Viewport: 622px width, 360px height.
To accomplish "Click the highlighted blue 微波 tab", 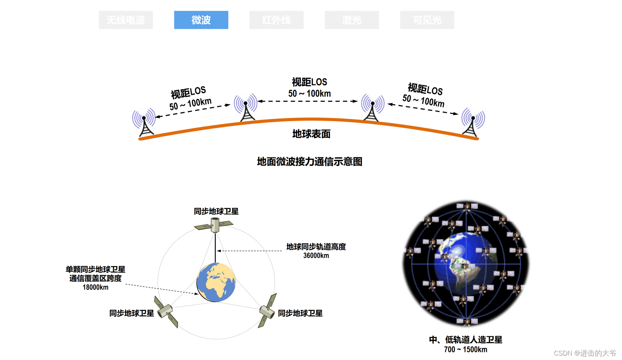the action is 201,20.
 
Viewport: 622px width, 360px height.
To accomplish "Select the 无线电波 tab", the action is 126,20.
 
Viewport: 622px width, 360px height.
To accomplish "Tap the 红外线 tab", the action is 276,20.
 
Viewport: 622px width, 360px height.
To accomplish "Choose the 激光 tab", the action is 352,20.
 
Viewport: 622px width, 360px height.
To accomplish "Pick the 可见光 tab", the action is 427,20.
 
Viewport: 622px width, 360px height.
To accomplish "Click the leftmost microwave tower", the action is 144,123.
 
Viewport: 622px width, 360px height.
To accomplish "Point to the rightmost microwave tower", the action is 473,123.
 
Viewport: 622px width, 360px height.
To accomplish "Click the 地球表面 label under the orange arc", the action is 311,134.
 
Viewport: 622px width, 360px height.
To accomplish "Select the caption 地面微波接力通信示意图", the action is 309,162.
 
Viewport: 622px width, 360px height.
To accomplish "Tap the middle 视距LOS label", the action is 309,82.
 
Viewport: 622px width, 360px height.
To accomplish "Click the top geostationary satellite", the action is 214,225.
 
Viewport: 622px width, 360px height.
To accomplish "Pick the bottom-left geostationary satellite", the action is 166,312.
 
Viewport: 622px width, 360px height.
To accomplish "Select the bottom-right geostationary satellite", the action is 267,311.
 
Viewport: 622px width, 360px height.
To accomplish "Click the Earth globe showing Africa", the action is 216,282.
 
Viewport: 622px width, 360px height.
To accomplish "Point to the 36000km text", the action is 316,256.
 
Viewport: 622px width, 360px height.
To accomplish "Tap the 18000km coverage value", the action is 95,287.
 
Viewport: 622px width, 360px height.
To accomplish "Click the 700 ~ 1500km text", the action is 465,349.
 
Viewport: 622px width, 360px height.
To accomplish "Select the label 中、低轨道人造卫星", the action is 465,340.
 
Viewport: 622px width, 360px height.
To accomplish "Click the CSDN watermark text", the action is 585,353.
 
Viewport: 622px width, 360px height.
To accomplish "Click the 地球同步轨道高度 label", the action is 316,247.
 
